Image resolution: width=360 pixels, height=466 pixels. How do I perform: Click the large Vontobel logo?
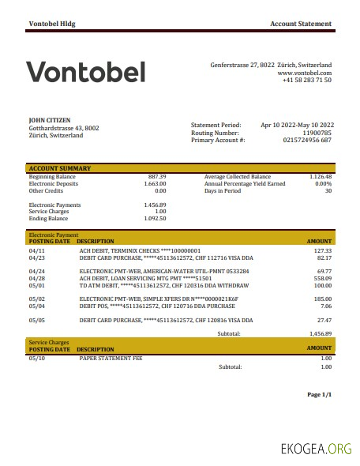86,73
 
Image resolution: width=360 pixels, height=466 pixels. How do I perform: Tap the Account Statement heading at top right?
301,24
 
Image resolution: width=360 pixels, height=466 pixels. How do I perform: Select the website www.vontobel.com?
304,73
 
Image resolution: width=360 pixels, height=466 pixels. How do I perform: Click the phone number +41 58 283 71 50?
306,81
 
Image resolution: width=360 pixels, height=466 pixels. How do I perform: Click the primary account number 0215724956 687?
307,140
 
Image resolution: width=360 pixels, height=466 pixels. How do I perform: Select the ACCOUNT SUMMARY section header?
59,168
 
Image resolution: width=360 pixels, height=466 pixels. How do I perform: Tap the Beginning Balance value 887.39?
157,177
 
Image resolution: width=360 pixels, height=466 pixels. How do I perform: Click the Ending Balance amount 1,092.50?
156,218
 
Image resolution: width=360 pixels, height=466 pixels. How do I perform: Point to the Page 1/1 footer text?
320,394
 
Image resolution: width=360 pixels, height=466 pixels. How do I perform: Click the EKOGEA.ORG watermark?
316,450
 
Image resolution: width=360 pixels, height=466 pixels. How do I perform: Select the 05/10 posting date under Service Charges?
37,358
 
